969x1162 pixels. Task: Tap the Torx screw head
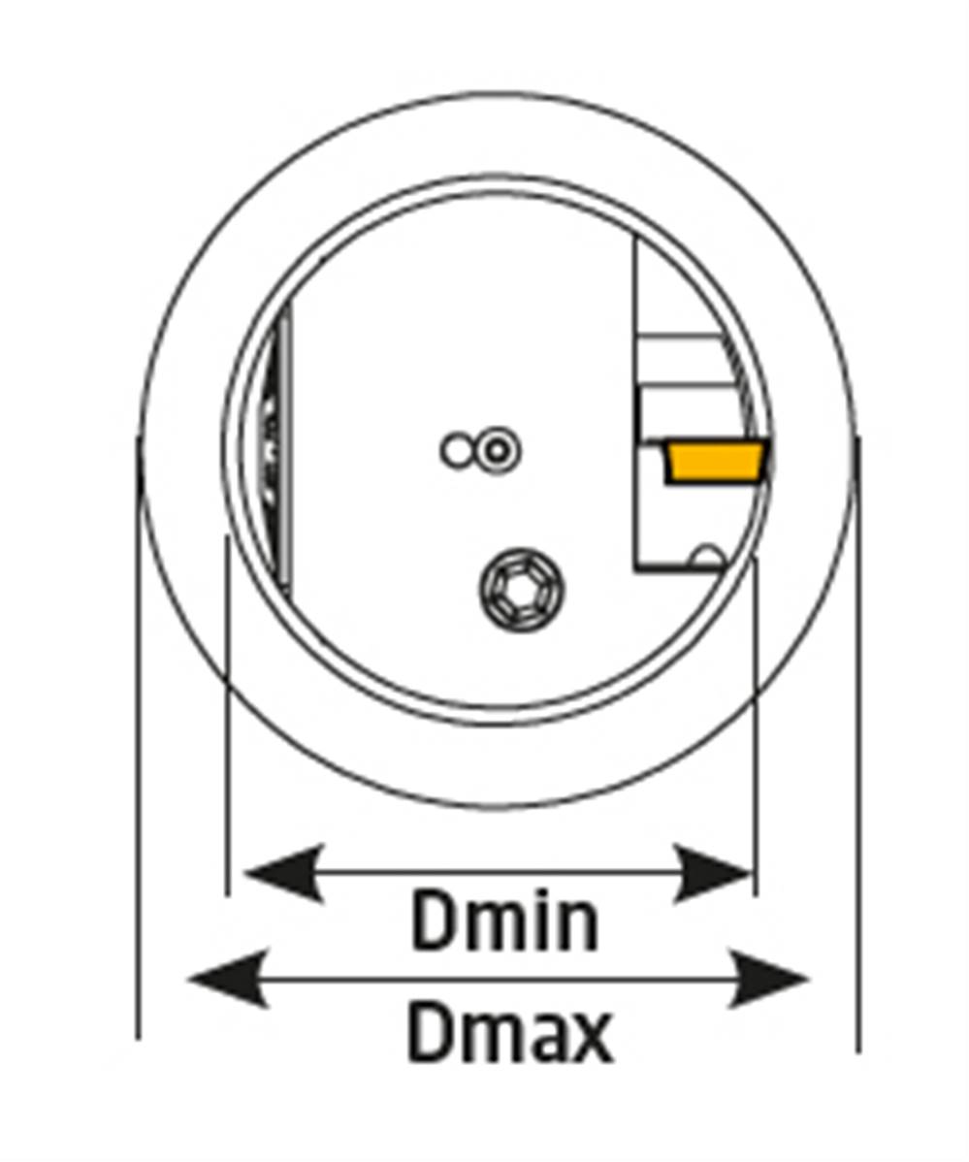[x=522, y=589]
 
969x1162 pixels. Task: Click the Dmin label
[x=503, y=921]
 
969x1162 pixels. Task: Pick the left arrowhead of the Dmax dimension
[x=228, y=980]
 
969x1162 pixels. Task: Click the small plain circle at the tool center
[x=456, y=451]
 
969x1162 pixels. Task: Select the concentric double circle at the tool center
[x=497, y=451]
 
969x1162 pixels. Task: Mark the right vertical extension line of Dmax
[x=857, y=744]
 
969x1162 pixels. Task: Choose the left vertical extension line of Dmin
[x=226, y=716]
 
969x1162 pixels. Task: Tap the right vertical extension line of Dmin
[x=755, y=726]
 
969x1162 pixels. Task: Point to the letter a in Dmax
[x=541, y=1041]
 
